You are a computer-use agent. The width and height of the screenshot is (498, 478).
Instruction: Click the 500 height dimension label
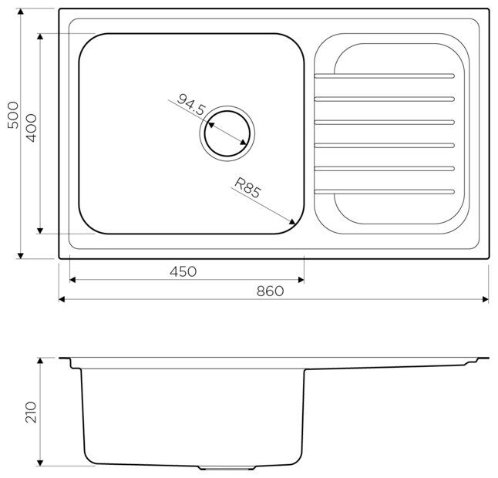pyautogui.click(x=12, y=115)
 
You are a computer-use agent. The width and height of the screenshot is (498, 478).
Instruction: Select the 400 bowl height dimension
pyautogui.click(x=32, y=128)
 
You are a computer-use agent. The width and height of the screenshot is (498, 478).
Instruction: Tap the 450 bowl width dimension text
pyautogui.click(x=183, y=271)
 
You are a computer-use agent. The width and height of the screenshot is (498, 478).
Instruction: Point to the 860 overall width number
pyautogui.click(x=270, y=291)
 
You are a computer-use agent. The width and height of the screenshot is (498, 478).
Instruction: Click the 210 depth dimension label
pyautogui.click(x=31, y=412)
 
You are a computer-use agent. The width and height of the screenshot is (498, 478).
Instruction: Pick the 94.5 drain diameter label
pyautogui.click(x=191, y=105)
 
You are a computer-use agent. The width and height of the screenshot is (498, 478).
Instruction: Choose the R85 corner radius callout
pyautogui.click(x=247, y=187)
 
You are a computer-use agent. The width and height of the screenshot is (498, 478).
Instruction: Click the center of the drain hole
pyautogui.click(x=227, y=133)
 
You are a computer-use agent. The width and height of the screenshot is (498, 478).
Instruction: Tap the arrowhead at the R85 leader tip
pyautogui.click(x=291, y=221)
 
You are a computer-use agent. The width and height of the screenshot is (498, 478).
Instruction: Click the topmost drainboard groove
pyautogui.click(x=385, y=76)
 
